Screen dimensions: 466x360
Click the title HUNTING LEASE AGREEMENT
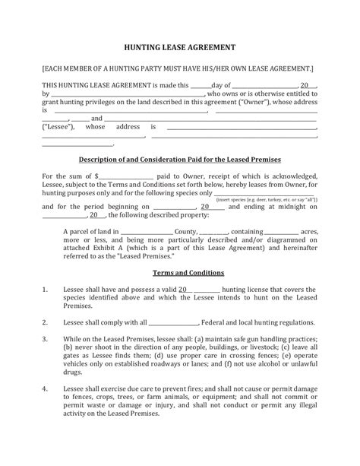(179, 46)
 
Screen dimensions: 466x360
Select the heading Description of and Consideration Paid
(180, 160)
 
